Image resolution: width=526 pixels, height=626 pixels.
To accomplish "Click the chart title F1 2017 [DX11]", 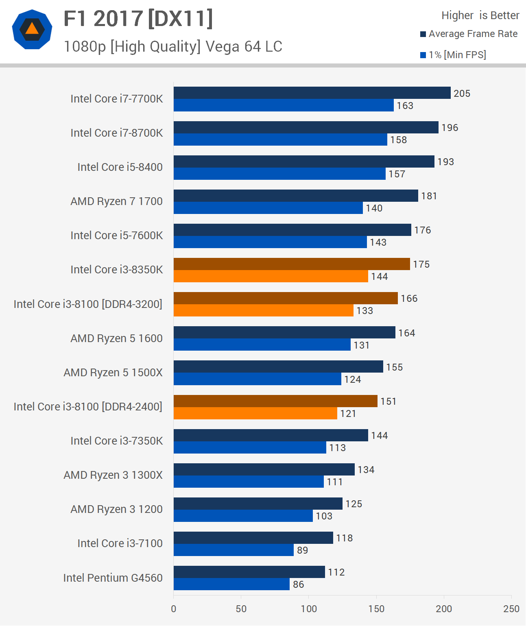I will [x=138, y=19].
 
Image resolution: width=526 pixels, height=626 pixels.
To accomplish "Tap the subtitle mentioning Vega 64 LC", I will [x=173, y=47].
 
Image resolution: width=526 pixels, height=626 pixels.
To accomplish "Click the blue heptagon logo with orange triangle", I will [x=32, y=29].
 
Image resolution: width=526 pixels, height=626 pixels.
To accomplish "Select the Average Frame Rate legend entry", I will [x=469, y=34].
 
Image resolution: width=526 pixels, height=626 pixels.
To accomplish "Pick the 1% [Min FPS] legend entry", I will [x=453, y=55].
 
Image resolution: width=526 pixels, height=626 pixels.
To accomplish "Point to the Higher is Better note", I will [x=480, y=15].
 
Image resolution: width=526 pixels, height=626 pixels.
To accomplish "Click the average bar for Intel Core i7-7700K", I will [x=312, y=93].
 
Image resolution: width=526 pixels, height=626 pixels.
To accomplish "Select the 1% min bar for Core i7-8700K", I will [x=280, y=140].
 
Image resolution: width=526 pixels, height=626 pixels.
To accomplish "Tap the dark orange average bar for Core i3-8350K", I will [x=292, y=264].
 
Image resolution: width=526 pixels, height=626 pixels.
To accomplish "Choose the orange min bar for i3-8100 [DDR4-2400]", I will [x=255, y=413].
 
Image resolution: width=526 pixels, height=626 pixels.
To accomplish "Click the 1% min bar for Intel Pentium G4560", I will [x=231, y=584].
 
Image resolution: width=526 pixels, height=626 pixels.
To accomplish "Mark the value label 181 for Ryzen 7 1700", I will [x=429, y=196].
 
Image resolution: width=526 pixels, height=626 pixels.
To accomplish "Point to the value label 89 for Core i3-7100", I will [x=302, y=550].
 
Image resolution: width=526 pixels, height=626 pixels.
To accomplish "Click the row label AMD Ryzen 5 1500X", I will [x=113, y=373].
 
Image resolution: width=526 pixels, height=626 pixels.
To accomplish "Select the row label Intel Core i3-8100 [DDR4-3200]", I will [x=88, y=304].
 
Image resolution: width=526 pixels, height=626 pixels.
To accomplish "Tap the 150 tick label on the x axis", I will [x=376, y=609].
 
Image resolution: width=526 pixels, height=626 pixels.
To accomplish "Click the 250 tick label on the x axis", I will [x=511, y=609].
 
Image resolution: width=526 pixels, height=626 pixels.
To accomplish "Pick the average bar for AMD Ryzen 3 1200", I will [x=258, y=504].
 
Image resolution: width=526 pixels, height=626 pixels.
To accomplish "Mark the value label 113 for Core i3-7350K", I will [x=337, y=448].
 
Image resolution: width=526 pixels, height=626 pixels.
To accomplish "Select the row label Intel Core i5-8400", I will [x=120, y=167].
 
